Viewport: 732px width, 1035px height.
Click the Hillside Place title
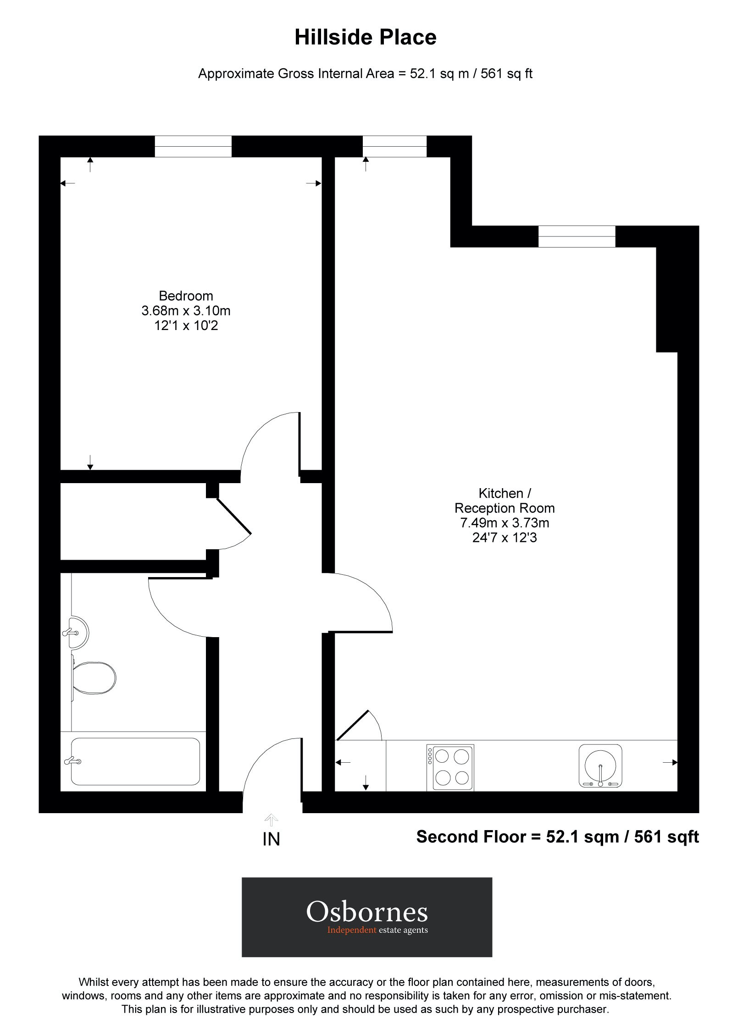click(365, 38)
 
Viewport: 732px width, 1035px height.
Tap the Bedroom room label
click(186, 296)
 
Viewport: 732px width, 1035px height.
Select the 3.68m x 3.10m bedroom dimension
click(186, 311)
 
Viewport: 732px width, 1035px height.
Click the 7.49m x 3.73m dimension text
click(505, 523)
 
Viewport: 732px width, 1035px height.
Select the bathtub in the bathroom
click(135, 761)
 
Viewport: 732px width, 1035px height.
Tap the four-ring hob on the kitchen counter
click(450, 767)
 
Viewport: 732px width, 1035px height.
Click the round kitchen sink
click(600, 765)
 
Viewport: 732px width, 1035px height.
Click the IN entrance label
click(271, 839)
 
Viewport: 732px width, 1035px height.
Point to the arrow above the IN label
click(271, 819)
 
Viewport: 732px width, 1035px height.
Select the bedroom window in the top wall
click(193, 146)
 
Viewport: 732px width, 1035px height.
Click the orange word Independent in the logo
click(351, 930)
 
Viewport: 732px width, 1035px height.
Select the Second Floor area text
click(557, 837)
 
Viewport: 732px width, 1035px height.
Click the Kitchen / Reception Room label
click(505, 501)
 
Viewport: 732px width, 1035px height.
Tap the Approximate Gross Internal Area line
click(365, 74)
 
